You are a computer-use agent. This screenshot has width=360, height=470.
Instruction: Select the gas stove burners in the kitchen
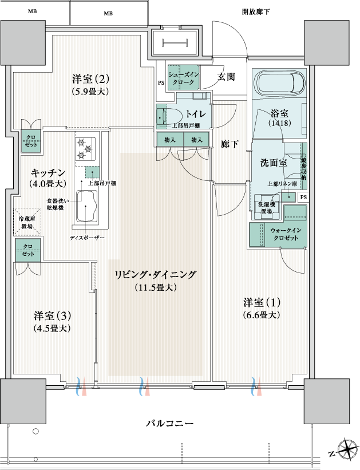[x=85, y=148]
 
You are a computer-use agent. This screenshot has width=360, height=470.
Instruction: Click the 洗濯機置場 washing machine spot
[x=266, y=207]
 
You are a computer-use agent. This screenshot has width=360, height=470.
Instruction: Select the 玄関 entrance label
[x=226, y=77]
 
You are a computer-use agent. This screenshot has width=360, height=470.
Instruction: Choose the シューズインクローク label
[x=184, y=78]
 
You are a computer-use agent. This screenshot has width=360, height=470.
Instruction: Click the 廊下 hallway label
[x=230, y=144]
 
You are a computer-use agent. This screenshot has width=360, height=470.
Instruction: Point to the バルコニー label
[x=169, y=424]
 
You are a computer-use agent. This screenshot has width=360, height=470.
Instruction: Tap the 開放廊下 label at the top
[x=256, y=12]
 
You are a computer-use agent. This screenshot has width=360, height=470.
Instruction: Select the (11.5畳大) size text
[x=156, y=287]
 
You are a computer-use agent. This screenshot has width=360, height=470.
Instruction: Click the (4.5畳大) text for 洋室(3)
[x=52, y=328]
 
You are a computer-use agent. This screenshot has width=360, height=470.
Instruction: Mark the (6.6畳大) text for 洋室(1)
[x=262, y=315]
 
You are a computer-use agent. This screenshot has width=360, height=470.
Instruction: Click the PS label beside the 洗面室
[x=303, y=198]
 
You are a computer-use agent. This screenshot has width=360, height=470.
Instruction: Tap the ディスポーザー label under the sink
[x=87, y=238]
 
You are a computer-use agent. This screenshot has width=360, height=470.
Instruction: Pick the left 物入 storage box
[x=170, y=140]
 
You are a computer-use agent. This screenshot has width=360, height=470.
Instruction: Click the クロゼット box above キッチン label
[x=31, y=141]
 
